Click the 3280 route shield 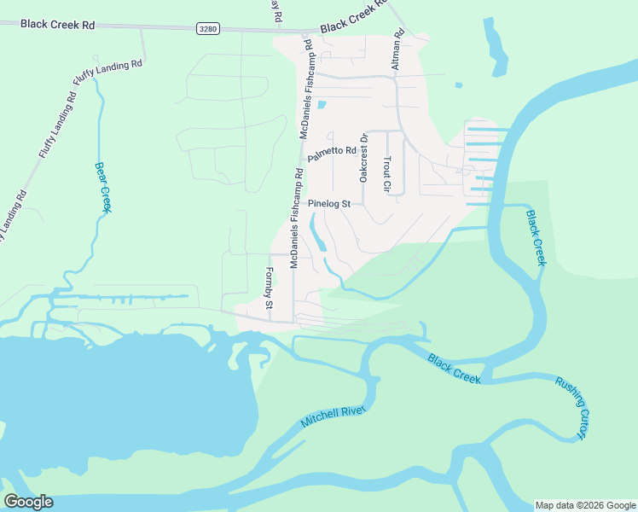pos(207,29)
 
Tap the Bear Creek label pos(103,187)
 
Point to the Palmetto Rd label pos(331,154)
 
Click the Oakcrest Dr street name pos(363,158)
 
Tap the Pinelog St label pos(329,204)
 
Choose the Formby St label pos(269,288)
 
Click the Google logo pos(28,502)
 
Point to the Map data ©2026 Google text pos(585,505)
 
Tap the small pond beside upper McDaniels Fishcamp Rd pos(322,106)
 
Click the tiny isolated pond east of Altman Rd pos(459,85)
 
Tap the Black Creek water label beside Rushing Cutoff pos(455,369)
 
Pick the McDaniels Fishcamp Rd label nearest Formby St pos(295,218)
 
